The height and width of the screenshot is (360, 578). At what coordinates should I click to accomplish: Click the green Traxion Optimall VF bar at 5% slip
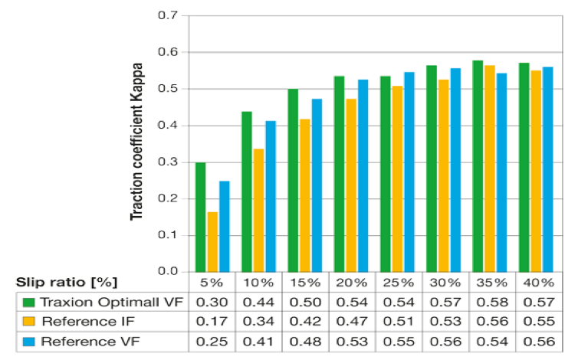(x=200, y=217)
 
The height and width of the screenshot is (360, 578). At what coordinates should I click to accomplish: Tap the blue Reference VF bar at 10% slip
(x=271, y=196)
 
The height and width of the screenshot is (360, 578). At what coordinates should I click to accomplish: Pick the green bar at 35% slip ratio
(x=478, y=165)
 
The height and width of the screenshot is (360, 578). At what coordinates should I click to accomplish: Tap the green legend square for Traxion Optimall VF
(x=28, y=302)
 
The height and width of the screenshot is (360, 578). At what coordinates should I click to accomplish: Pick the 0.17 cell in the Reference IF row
(x=212, y=321)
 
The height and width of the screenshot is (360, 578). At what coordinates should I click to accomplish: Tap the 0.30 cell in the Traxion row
(x=212, y=302)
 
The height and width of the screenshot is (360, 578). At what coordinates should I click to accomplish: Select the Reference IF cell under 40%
(x=540, y=321)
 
